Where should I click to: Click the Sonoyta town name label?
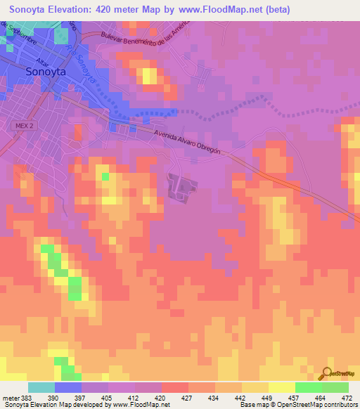[45, 71]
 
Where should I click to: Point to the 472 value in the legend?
[346, 398]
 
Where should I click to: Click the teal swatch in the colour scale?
[41, 387]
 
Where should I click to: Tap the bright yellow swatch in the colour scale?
[281, 387]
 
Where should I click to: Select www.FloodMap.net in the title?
[221, 9]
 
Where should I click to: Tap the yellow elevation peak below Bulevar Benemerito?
[150, 77]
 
